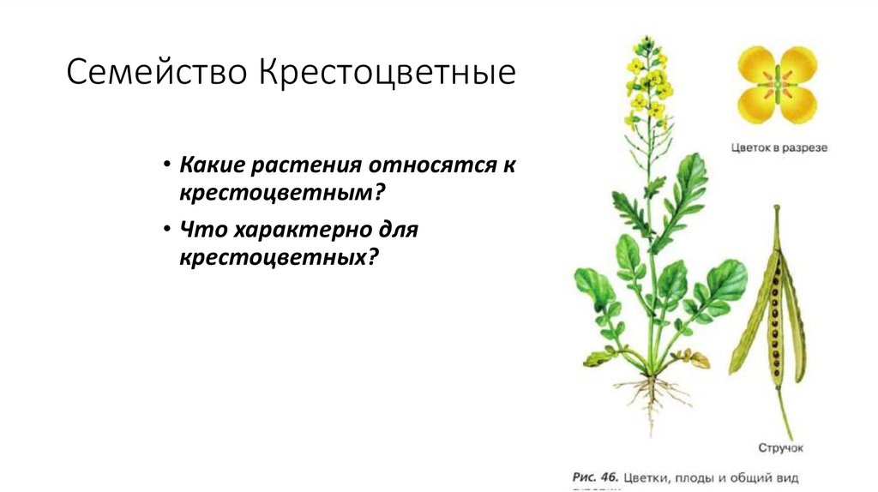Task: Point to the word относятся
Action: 430,165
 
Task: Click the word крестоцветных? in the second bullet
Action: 279,256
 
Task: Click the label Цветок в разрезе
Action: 779,147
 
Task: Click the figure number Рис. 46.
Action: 594,475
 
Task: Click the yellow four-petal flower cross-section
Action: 778,85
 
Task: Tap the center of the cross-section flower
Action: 778,85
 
